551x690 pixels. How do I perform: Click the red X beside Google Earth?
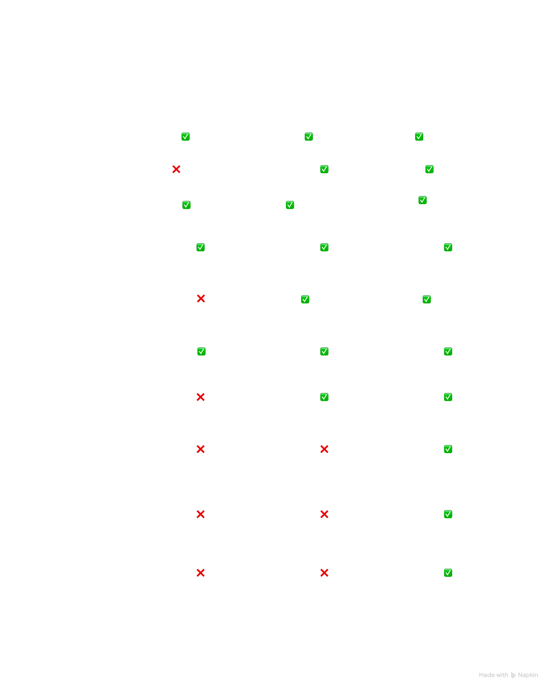[176, 169]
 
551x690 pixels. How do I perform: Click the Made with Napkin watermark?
[508, 675]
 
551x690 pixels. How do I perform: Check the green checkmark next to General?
[185, 137]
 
